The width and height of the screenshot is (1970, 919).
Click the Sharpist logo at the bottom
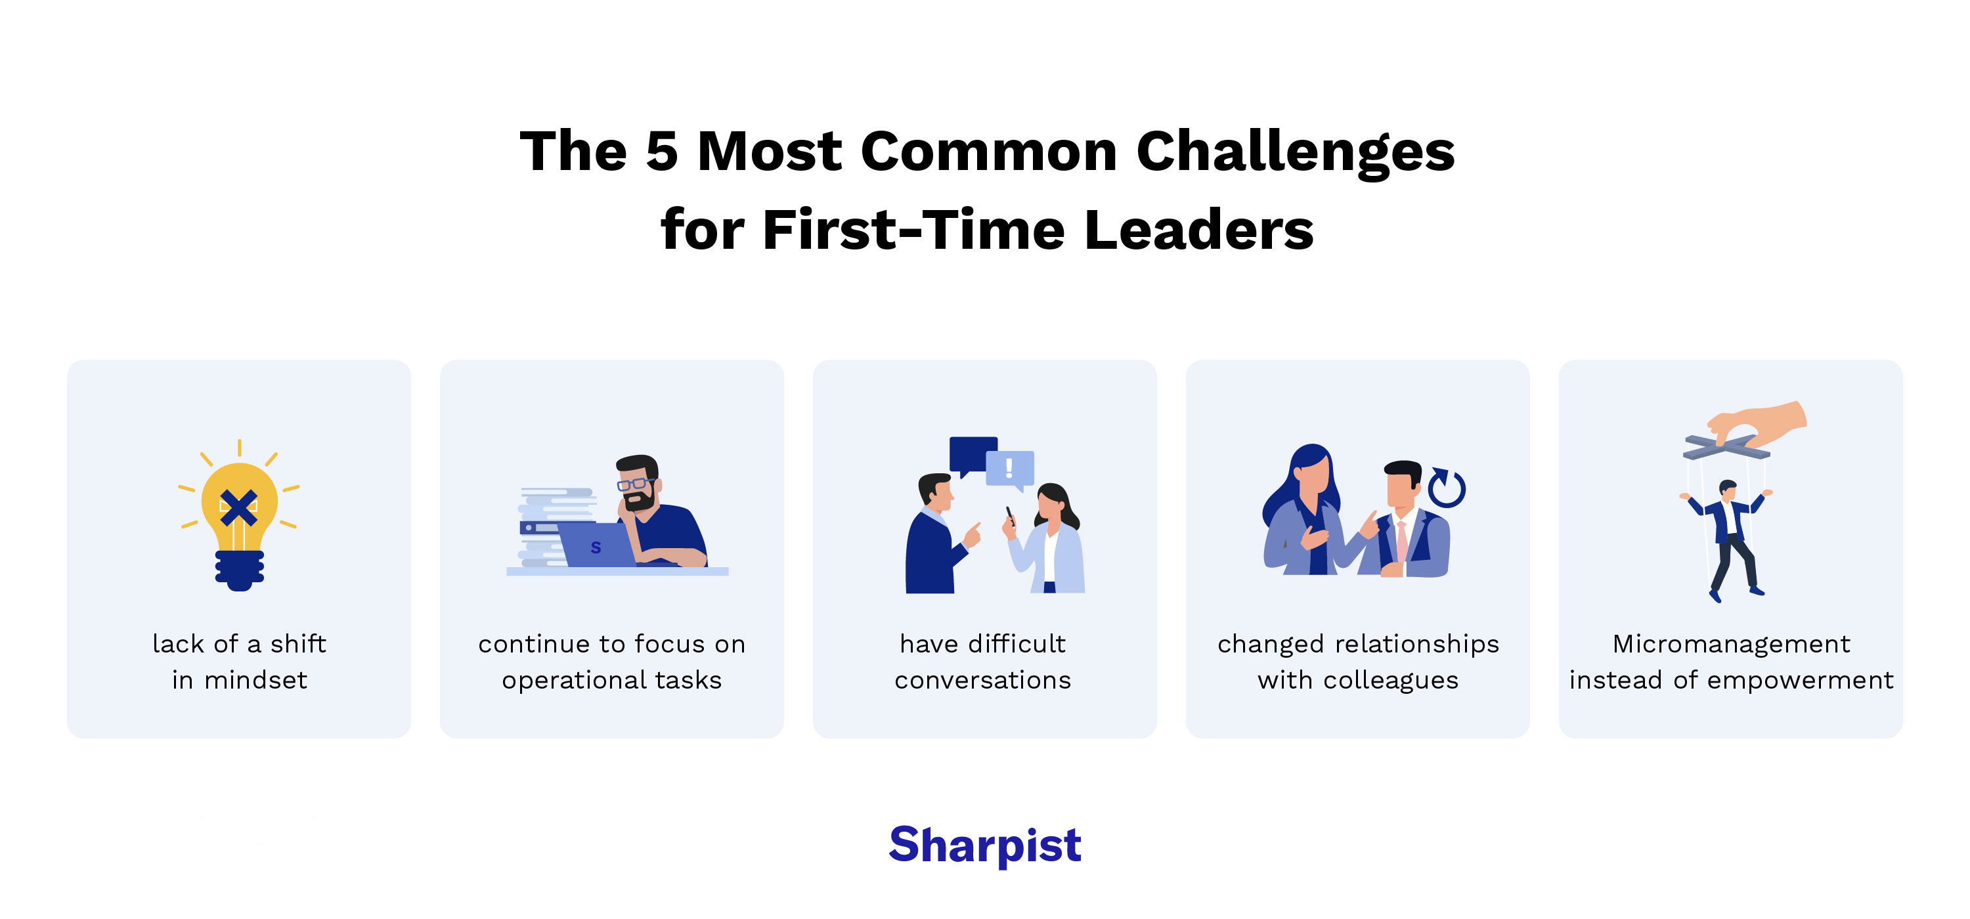(x=984, y=845)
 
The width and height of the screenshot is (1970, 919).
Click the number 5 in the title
(x=661, y=152)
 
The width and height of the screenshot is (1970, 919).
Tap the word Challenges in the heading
(x=1295, y=152)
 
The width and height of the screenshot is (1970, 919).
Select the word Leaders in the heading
(x=1198, y=230)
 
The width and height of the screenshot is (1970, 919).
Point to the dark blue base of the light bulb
(x=240, y=570)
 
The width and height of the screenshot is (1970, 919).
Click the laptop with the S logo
(x=596, y=544)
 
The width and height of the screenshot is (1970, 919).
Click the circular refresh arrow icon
(x=1446, y=488)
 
